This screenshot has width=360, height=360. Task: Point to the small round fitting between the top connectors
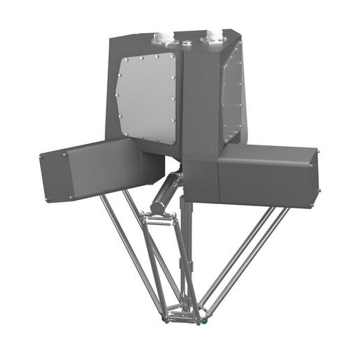pyautogui.click(x=187, y=43)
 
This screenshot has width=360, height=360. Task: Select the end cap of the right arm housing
pyautogui.click(x=315, y=178)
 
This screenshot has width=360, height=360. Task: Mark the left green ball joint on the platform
pyautogui.click(x=164, y=321)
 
